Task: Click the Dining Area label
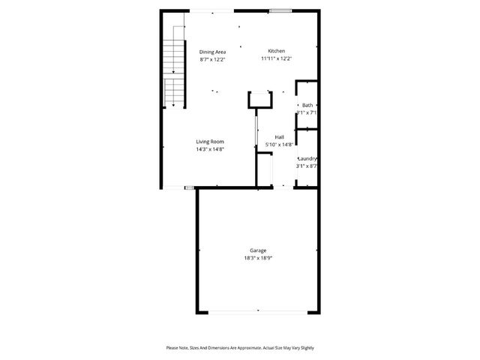coord(212,51)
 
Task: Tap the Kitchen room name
coord(276,51)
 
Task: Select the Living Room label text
coord(210,141)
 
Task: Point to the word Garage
coord(257,250)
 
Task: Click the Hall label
coord(279,137)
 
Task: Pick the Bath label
coord(307,105)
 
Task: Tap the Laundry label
coord(307,158)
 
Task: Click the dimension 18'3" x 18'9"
coord(257,258)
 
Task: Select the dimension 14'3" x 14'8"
coord(210,148)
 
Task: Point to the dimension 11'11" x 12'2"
coord(276,58)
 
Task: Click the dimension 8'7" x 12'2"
coord(212,58)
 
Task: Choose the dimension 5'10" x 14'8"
coord(279,145)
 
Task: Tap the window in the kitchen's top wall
coord(280,10)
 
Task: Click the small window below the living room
coord(189,187)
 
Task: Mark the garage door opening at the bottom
coord(257,311)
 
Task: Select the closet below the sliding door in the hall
coord(263,169)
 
